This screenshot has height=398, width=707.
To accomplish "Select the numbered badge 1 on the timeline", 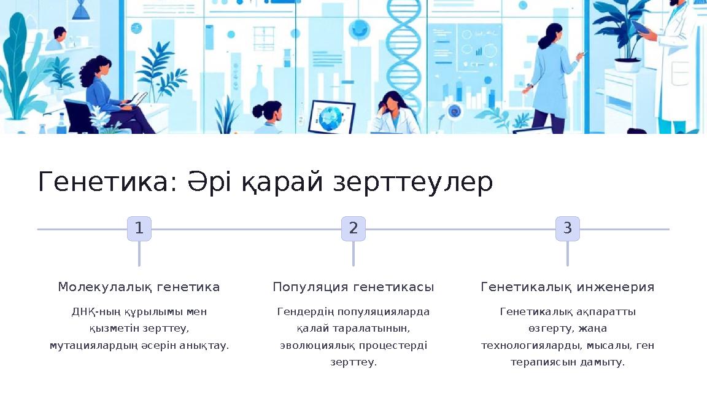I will [139, 228].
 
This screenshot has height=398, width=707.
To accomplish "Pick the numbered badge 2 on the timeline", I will [353, 228].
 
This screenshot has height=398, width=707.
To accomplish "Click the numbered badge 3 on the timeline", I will [568, 228].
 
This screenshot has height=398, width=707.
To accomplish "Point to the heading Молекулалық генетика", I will [139, 287].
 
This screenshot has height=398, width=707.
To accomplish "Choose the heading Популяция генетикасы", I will [353, 287].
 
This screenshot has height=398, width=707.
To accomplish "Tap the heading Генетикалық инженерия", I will [568, 287].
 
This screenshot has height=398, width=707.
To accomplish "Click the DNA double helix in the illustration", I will [403, 49].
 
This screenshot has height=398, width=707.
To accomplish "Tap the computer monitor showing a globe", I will [331, 116].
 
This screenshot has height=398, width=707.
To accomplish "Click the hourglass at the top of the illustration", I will [80, 9].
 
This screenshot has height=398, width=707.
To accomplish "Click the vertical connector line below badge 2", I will [353, 254].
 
